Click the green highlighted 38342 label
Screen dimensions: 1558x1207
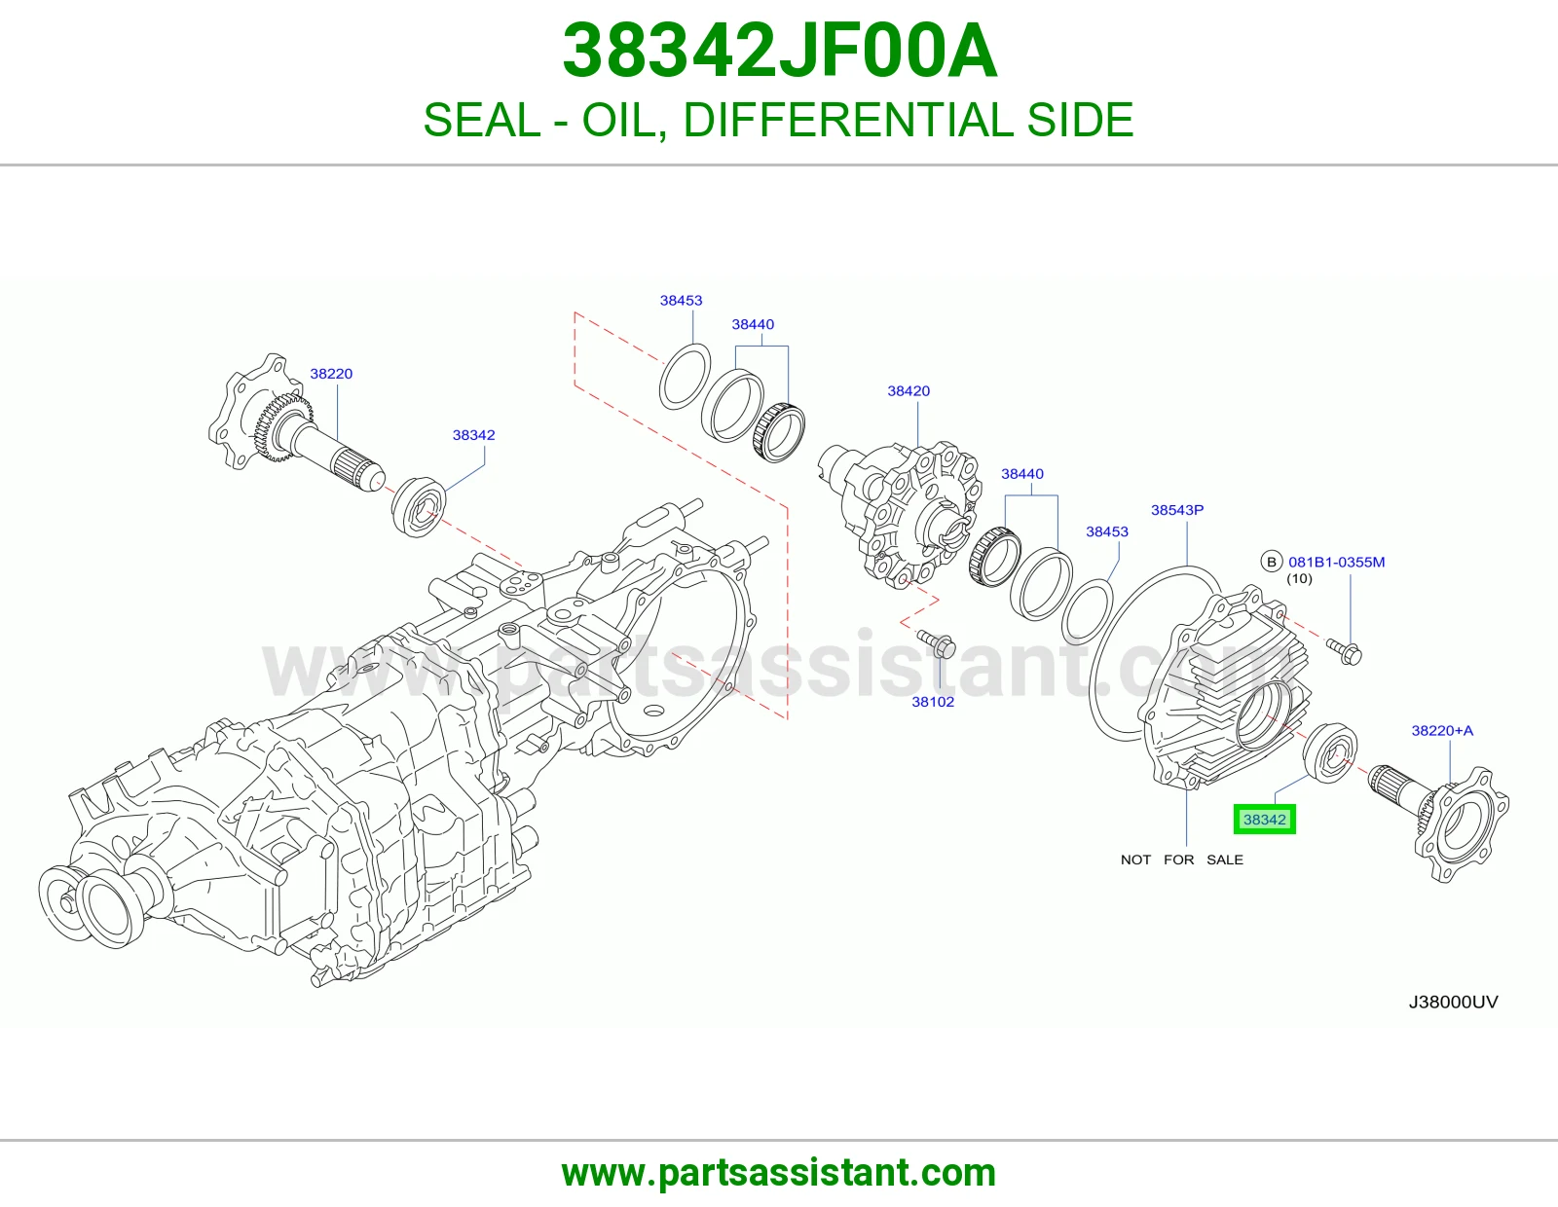click(1264, 820)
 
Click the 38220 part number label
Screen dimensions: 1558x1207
click(331, 374)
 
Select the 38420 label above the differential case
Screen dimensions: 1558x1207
click(909, 390)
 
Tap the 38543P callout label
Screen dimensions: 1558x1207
click(1177, 510)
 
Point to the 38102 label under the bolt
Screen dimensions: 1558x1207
click(933, 702)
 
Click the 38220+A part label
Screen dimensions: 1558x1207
click(1442, 730)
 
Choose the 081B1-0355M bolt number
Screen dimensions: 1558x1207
click(1336, 562)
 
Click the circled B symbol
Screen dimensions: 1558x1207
click(1271, 562)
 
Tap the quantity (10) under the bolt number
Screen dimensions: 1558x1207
click(1299, 578)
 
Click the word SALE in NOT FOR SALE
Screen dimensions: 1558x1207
click(1225, 860)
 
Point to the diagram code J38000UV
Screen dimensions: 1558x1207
click(1453, 1002)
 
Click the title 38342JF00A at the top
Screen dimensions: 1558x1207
click(779, 51)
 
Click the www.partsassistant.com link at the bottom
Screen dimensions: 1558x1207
click(779, 1173)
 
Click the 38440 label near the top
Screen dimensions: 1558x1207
click(753, 324)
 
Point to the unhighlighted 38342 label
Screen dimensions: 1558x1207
click(474, 435)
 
